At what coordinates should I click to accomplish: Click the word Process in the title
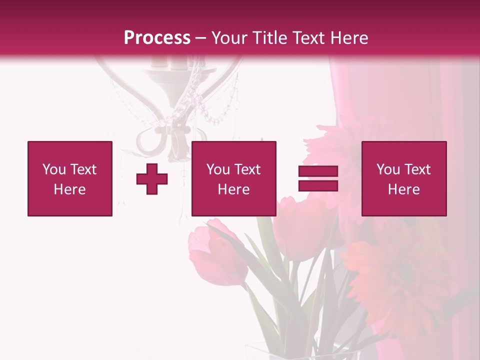click(157, 38)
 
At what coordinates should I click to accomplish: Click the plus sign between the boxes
click(152, 179)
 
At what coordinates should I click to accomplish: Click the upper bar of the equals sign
click(318, 171)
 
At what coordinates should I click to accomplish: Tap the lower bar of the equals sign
click(318, 185)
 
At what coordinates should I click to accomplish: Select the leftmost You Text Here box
click(70, 178)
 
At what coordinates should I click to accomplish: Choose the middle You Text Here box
click(233, 178)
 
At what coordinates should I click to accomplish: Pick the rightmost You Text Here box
click(403, 178)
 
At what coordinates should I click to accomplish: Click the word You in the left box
click(53, 169)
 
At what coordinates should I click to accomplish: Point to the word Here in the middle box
click(233, 189)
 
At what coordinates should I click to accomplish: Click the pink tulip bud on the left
click(218, 252)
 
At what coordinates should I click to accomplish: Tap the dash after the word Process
click(201, 38)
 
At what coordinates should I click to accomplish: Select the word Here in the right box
click(403, 189)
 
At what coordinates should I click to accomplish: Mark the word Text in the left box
click(83, 169)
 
